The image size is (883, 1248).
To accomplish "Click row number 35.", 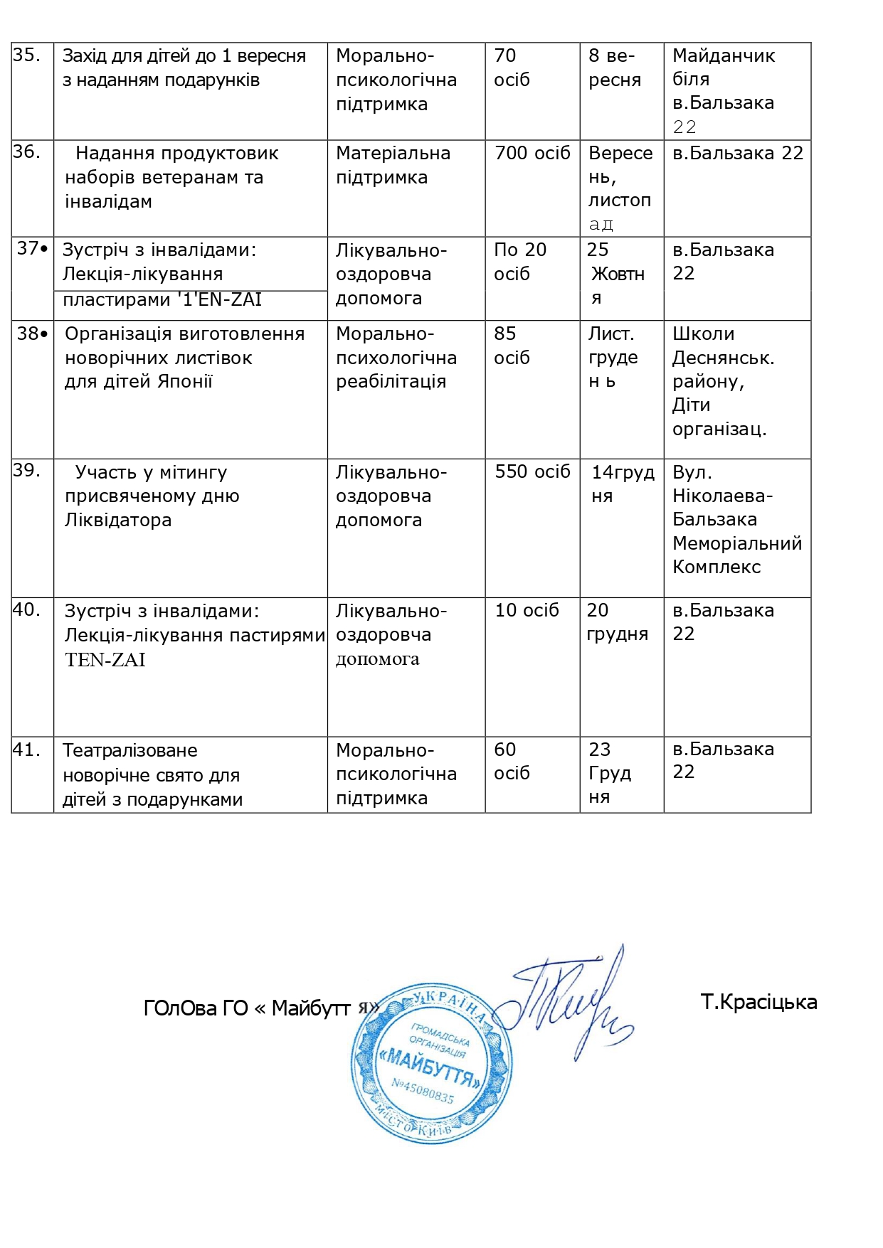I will (x=26, y=55).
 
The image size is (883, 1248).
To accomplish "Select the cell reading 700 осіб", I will (x=532, y=153).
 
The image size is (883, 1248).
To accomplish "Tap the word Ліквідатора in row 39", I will (x=118, y=520).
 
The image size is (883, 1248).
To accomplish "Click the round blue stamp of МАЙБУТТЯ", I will (x=432, y=1062).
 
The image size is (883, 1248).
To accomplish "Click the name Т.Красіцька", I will (x=758, y=1002).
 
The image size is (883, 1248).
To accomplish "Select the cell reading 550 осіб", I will (x=532, y=471).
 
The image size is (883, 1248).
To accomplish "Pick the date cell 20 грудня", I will (x=617, y=622).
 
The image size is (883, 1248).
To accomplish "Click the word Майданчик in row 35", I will (x=724, y=55).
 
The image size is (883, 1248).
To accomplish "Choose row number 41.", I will (x=26, y=750).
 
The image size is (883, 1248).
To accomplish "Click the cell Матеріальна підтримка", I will (x=393, y=165).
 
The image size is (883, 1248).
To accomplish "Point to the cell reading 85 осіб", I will (x=512, y=346).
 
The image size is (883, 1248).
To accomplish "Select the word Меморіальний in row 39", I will (x=737, y=543).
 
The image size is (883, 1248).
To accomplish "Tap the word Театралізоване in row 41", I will (x=130, y=750).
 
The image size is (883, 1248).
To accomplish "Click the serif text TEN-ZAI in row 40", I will (x=105, y=660).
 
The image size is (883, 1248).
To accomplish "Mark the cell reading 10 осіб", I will (x=527, y=610).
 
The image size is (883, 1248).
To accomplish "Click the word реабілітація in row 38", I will (x=391, y=382).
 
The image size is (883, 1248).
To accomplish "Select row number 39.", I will (x=26, y=470).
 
